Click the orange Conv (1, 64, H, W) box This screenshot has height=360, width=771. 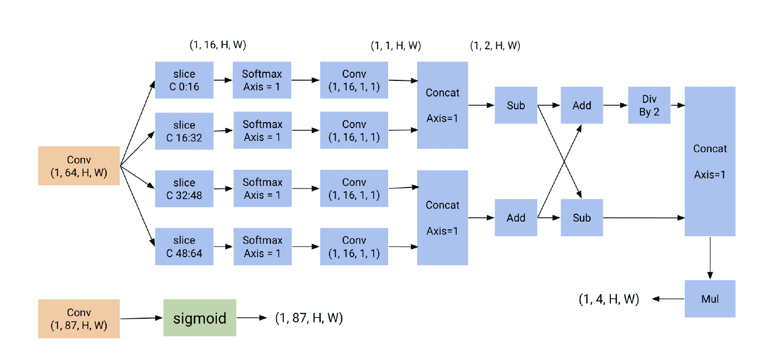coord(79,166)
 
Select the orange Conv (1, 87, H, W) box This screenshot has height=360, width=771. coord(79,319)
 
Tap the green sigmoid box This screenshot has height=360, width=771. coord(200,318)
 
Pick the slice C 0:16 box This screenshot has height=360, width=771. coord(184,80)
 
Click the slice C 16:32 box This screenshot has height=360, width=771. coord(184,131)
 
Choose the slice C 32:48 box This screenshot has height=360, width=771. coord(184,189)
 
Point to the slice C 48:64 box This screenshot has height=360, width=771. coord(184,246)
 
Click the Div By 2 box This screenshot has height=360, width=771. coord(649,106)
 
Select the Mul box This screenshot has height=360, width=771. coord(710,298)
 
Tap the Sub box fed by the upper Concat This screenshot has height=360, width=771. coord(516,106)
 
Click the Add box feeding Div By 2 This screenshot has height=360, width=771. coord(581,106)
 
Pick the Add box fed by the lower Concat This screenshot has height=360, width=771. coord(516,217)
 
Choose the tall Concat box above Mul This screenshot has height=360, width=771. coord(710,161)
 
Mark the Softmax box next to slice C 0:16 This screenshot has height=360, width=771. coord(262,80)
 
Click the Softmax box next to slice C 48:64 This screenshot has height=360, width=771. coord(262,246)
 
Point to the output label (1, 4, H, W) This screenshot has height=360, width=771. coord(609,299)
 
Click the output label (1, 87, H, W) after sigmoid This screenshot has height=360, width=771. coord(309,318)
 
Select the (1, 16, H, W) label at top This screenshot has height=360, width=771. coord(218,45)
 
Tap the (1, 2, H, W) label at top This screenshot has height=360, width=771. coord(495,46)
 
